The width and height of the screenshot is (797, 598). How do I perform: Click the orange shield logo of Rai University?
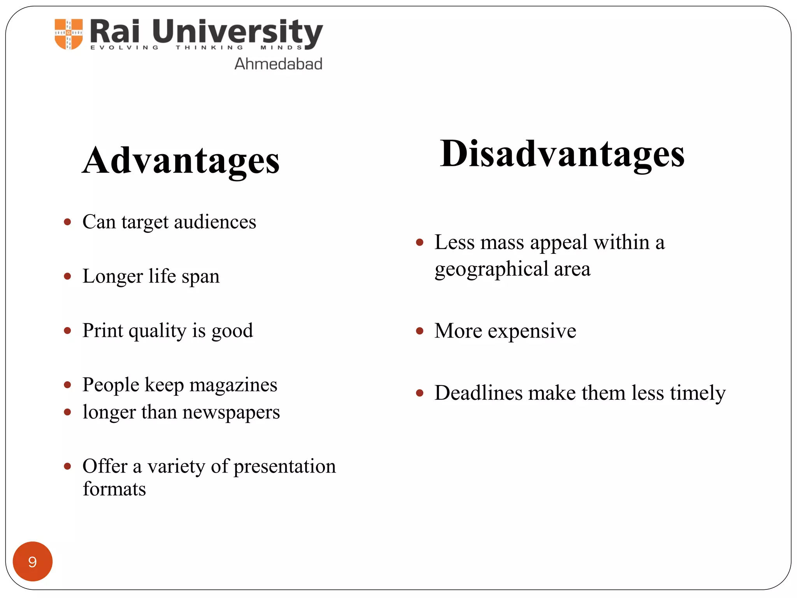(x=69, y=34)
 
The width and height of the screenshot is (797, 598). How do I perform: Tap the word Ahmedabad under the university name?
(x=278, y=64)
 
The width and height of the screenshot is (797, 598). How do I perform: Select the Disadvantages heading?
(x=562, y=154)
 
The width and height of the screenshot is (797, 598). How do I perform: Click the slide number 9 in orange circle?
(x=33, y=561)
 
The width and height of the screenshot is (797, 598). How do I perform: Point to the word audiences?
(x=215, y=222)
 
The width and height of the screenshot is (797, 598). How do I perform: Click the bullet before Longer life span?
(x=68, y=276)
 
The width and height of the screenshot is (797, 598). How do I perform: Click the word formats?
(x=114, y=489)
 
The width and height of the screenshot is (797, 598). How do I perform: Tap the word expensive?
(x=532, y=331)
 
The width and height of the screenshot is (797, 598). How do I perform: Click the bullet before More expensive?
(x=420, y=331)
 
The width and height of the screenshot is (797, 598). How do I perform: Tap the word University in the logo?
(x=237, y=32)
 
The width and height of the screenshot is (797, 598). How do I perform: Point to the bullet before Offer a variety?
(x=68, y=466)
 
